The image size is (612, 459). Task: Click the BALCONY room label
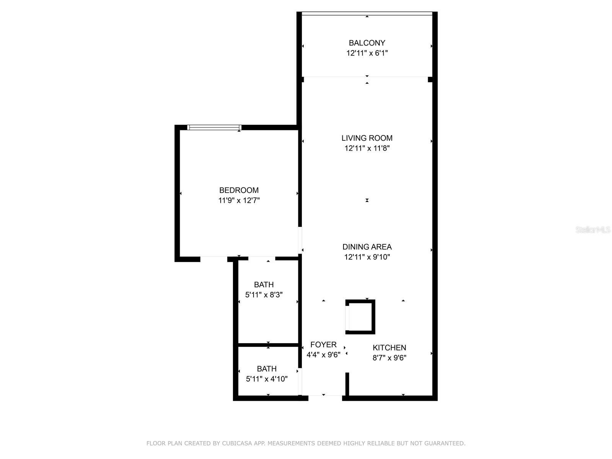click(367, 43)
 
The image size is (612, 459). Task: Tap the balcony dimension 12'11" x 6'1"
click(367, 53)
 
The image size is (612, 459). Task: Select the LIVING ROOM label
click(367, 138)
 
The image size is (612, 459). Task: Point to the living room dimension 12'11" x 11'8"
click(367, 148)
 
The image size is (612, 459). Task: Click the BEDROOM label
click(239, 190)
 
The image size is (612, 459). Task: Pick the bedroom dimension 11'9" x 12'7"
click(239, 200)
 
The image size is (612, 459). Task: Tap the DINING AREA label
click(367, 247)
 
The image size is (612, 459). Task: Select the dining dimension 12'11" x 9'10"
click(367, 257)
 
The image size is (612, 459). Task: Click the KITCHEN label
click(389, 348)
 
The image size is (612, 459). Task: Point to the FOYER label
click(323, 344)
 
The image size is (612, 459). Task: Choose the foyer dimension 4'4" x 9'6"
click(323, 355)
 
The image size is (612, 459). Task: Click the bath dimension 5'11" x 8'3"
click(264, 295)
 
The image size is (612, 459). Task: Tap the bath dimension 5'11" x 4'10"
click(266, 379)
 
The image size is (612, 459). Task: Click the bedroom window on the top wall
click(214, 127)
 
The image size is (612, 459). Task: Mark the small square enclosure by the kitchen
click(360, 317)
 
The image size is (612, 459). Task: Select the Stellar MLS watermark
click(593, 229)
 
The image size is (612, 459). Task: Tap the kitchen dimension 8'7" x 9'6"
click(389, 358)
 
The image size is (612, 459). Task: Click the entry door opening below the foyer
click(325, 398)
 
